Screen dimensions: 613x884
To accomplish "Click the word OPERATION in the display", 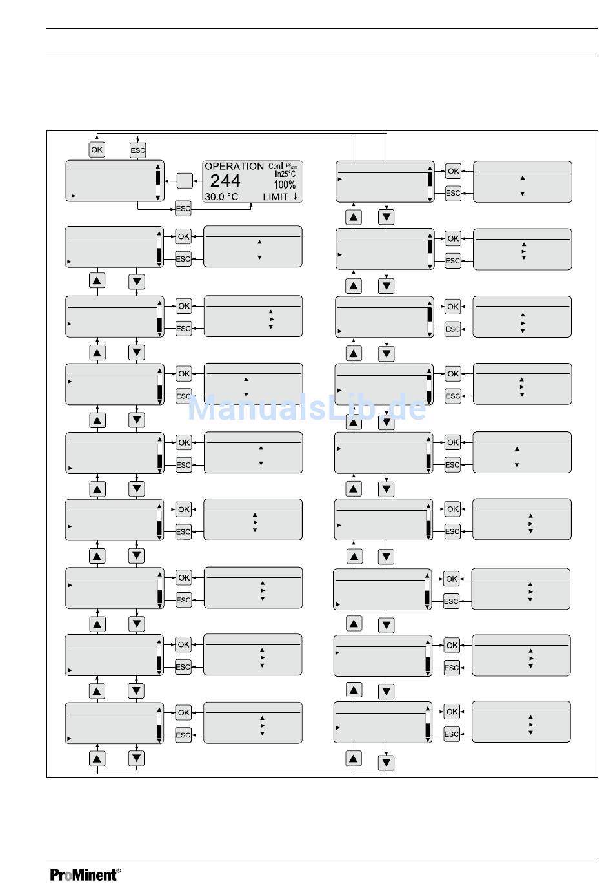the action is click(234, 167).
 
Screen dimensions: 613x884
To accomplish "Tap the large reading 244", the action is click(225, 181).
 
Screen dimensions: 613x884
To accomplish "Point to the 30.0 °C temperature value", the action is click(221, 196).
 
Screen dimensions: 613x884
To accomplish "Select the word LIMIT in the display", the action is click(276, 197).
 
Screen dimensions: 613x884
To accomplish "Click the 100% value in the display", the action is click(285, 185).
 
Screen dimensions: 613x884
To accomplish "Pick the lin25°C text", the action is click(285, 174).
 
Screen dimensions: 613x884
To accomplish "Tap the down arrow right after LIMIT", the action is click(295, 196).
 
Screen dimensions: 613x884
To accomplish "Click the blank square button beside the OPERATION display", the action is click(185, 181).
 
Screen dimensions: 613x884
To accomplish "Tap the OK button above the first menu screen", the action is click(97, 150).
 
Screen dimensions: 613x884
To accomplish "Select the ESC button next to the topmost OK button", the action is click(138, 150).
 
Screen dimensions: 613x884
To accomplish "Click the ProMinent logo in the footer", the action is click(84, 875).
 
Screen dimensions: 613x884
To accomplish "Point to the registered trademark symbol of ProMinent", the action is click(118, 870).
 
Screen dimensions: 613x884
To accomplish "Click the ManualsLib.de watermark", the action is click(306, 408).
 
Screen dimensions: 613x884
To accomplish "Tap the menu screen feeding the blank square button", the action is click(115, 181).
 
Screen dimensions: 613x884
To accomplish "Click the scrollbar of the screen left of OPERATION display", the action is click(158, 181).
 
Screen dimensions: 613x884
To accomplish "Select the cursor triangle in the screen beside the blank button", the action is click(74, 195).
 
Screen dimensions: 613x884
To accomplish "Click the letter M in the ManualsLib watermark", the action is click(202, 408).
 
